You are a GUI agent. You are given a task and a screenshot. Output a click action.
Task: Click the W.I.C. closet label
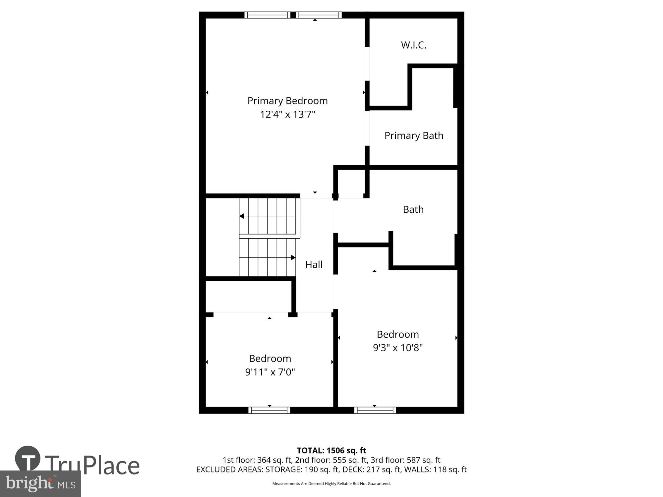point(413,45)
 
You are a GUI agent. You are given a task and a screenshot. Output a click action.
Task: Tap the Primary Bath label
point(414,136)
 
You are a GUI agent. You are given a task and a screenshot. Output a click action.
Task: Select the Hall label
point(314,264)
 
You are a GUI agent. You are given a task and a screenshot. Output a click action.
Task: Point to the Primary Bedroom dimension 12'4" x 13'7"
point(287,114)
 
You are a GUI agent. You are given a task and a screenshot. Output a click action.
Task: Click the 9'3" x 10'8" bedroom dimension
point(398,348)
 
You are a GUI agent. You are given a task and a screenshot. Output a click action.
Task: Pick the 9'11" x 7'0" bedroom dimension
point(270,372)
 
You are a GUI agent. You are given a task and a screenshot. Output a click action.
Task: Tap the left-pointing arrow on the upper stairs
point(242,216)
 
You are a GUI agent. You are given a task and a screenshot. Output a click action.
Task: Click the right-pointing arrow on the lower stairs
point(293,257)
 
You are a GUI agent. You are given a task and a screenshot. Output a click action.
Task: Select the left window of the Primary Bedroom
point(268,15)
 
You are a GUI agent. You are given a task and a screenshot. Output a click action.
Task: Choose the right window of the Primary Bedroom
point(319,15)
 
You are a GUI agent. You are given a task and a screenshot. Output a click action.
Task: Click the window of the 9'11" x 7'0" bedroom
point(269,410)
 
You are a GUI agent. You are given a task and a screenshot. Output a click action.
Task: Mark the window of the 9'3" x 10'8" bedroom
point(375,410)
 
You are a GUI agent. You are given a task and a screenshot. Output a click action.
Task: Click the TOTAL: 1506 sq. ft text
point(331,451)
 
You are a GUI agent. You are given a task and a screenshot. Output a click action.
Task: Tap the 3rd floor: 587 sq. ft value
point(406,460)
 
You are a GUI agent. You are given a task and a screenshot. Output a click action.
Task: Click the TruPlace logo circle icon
point(28,458)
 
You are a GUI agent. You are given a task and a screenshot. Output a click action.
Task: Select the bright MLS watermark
point(40,484)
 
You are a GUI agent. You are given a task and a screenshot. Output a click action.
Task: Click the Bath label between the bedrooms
point(413,209)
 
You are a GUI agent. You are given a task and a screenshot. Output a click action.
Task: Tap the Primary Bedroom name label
point(287,101)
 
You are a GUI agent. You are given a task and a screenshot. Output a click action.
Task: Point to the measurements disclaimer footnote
point(331,484)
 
